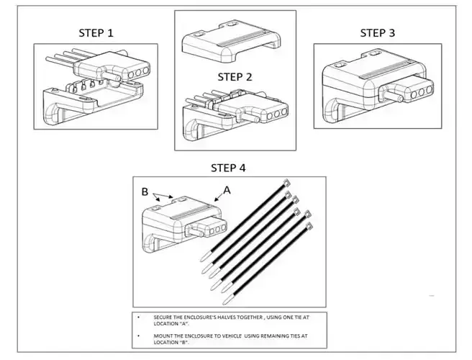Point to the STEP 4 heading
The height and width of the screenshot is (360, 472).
[228, 168]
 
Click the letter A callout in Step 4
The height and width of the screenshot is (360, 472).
[227, 190]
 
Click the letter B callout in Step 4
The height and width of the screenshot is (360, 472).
[145, 192]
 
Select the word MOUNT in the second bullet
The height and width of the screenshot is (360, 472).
[164, 336]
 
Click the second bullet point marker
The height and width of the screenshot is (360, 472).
[138, 336]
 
